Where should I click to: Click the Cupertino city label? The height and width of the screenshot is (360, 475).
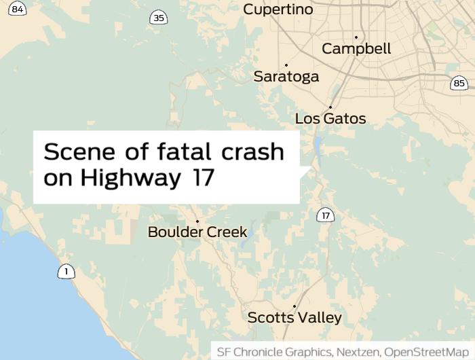(x=278, y=10)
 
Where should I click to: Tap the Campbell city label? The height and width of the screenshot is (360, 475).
(x=356, y=49)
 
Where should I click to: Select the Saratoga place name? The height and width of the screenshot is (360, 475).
(x=286, y=76)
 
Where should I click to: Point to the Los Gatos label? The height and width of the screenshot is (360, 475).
(x=330, y=119)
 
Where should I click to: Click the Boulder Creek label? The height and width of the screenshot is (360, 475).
(x=197, y=232)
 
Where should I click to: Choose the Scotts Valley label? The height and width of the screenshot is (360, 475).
(x=294, y=317)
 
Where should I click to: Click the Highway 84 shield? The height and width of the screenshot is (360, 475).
(x=18, y=9)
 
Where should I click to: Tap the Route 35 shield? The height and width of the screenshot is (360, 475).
(x=159, y=18)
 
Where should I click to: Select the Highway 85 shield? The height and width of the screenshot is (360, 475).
(x=459, y=84)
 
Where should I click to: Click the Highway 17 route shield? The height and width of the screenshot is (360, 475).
(x=326, y=216)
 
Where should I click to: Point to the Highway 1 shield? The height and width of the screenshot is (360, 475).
(x=66, y=272)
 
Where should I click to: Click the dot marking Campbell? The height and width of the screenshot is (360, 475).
(x=356, y=37)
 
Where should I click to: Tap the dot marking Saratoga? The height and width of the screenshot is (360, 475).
(x=286, y=65)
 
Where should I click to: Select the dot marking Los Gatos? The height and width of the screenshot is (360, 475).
(x=330, y=107)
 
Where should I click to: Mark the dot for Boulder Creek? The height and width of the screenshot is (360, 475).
(x=197, y=221)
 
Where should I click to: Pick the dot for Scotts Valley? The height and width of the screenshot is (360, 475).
(x=294, y=306)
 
